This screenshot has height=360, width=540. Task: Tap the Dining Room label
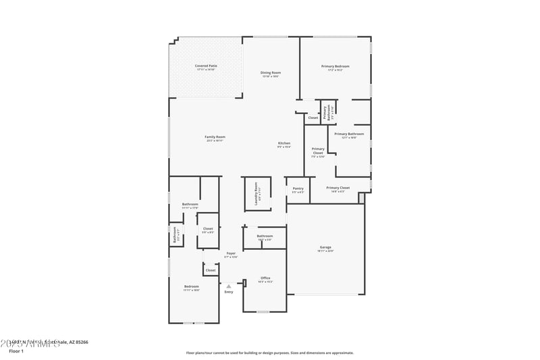tap(271, 72)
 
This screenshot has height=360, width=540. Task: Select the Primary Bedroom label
tap(335, 66)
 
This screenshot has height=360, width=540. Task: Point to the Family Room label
tap(215, 137)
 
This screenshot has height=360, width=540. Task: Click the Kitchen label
tap(284, 143)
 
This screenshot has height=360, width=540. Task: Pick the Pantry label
tap(298, 188)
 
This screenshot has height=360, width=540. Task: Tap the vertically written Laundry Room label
tap(256, 194)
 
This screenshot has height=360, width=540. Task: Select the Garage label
tap(325, 247)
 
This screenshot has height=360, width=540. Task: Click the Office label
tap(265, 278)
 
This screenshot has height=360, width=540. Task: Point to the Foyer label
tap(230, 253)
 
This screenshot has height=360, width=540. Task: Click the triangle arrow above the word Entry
tap(229, 286)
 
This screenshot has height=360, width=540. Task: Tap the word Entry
tap(229, 292)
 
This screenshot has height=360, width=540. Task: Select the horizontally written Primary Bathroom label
tap(349, 134)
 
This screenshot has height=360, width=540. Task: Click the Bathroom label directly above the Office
tap(264, 236)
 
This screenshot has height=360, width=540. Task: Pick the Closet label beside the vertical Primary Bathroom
tap(313, 118)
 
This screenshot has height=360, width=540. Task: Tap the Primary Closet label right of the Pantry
tap(337, 188)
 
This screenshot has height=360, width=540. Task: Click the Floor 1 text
tap(16, 351)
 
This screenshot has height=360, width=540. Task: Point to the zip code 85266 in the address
tap(80, 342)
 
